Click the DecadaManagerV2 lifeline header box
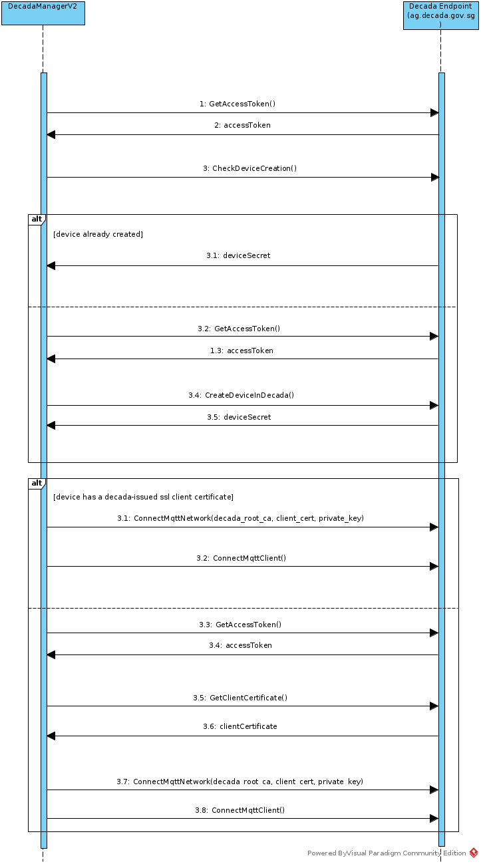(x=43, y=13)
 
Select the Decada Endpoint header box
(x=440, y=15)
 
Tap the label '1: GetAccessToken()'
(x=237, y=104)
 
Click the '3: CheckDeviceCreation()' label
(x=249, y=168)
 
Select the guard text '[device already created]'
(x=98, y=234)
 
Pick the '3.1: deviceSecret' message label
(x=238, y=255)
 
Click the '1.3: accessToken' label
(x=241, y=351)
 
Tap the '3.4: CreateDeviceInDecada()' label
(x=241, y=395)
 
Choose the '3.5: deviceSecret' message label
(x=239, y=417)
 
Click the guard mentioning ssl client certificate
(x=143, y=497)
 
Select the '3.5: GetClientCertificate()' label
(x=240, y=698)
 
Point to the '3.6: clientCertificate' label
(x=240, y=726)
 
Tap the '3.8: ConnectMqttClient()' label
(x=240, y=810)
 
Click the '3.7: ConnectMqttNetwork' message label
(x=240, y=782)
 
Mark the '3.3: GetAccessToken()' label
(x=240, y=625)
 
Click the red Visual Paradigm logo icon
(x=474, y=853)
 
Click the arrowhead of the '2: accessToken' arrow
(x=51, y=134)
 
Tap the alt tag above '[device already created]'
(x=36, y=219)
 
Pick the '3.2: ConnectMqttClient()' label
(x=241, y=558)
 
